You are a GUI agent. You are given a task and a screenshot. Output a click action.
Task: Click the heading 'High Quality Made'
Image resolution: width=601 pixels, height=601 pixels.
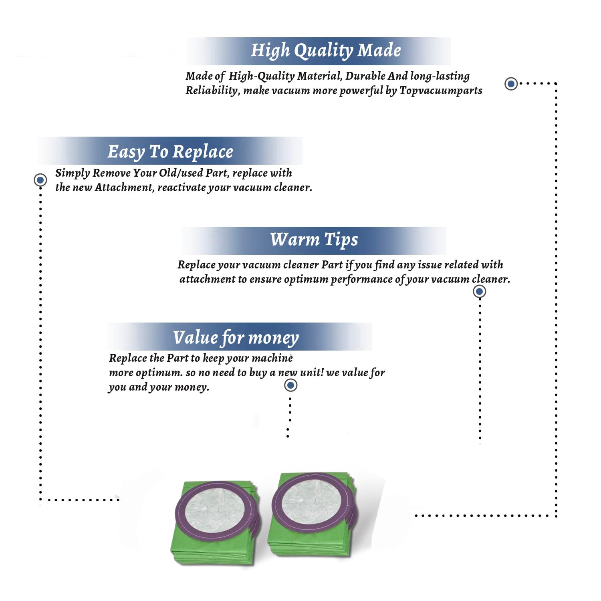coord(326,51)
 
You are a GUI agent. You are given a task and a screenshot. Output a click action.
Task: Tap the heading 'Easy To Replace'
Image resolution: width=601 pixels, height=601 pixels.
coord(170,152)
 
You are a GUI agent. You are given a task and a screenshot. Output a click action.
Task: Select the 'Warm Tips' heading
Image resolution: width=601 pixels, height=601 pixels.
coord(314,240)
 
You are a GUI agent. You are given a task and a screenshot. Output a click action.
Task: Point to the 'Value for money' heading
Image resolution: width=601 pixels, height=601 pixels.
coord(236,338)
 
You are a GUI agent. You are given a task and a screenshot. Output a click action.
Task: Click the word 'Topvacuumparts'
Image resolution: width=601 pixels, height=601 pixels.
coord(441,91)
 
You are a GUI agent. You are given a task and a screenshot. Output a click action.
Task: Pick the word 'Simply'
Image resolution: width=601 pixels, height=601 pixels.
coord(73,173)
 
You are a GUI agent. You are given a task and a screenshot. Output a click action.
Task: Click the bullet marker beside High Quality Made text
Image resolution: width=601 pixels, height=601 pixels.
coord(511,84)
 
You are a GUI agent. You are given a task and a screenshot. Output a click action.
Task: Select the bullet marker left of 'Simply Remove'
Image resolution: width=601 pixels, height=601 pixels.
coord(40,180)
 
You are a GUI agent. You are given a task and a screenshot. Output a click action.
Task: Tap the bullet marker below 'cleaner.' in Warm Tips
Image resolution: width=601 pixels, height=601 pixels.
coord(479,291)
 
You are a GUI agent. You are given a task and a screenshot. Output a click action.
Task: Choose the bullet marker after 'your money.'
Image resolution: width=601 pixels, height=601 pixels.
coord(290,385)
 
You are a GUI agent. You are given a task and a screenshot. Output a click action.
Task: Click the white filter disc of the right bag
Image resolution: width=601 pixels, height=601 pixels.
coord(311,500)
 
